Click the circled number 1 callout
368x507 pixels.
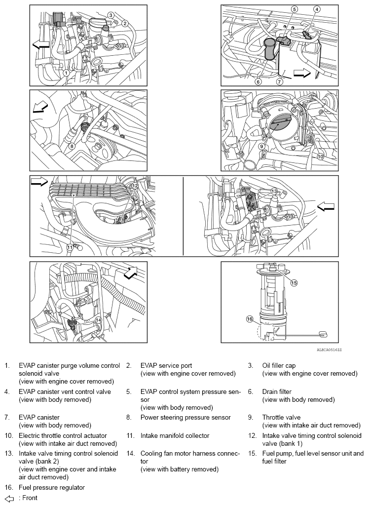coord(66,73)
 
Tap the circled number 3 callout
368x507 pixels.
coord(111,16)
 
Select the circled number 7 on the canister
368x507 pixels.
coord(279,81)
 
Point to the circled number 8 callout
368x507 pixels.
coord(72,146)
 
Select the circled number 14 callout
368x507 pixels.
coord(99,319)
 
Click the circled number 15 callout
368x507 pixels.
coord(294,283)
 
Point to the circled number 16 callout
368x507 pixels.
coord(249,319)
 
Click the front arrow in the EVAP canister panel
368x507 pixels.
coord(301,73)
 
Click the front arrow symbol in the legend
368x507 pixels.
coord(8,498)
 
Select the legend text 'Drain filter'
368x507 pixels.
coord(277,391)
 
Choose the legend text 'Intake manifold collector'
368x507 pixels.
coord(175,435)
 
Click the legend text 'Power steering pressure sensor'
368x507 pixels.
coord(185,417)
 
